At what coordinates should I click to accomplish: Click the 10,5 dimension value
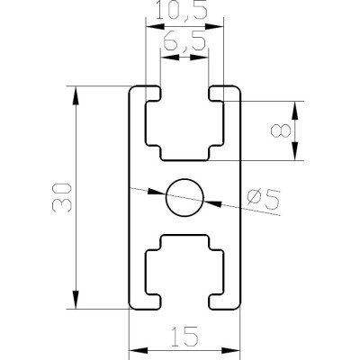coord(182,11)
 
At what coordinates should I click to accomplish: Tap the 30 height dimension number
coord(62,197)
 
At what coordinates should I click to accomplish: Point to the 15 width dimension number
coord(184,336)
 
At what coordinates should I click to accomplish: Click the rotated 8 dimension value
coord(281,131)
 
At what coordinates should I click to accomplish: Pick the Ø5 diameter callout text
coord(264,200)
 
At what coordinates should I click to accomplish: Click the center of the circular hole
coord(184,197)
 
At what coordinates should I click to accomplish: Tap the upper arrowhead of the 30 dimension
coord(76,95)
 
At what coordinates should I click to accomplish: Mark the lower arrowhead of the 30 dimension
coord(76,299)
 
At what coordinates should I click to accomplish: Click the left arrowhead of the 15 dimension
coord(139,350)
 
